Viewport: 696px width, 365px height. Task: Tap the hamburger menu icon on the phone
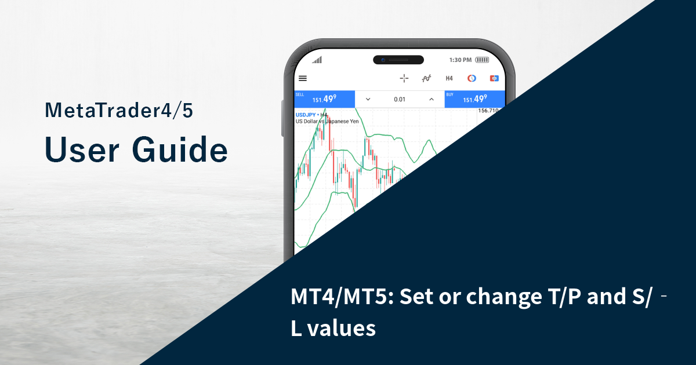[x=303, y=78]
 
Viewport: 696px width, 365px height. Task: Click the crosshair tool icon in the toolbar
[x=404, y=78]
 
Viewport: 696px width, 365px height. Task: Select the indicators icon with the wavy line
[x=427, y=78]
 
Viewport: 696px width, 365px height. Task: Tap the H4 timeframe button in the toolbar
[x=449, y=78]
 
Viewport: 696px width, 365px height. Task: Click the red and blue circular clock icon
[x=472, y=78]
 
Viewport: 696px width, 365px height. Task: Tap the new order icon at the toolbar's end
[x=494, y=78]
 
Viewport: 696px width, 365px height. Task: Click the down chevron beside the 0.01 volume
[x=368, y=99]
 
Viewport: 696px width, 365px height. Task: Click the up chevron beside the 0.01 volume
[x=431, y=99]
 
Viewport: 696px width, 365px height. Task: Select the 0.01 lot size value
[x=399, y=99]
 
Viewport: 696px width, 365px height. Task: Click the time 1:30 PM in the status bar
[x=461, y=60]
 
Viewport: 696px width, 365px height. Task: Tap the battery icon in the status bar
[x=482, y=60]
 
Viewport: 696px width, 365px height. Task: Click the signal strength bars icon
[x=317, y=60]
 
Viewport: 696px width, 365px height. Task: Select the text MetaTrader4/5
[x=118, y=111]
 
